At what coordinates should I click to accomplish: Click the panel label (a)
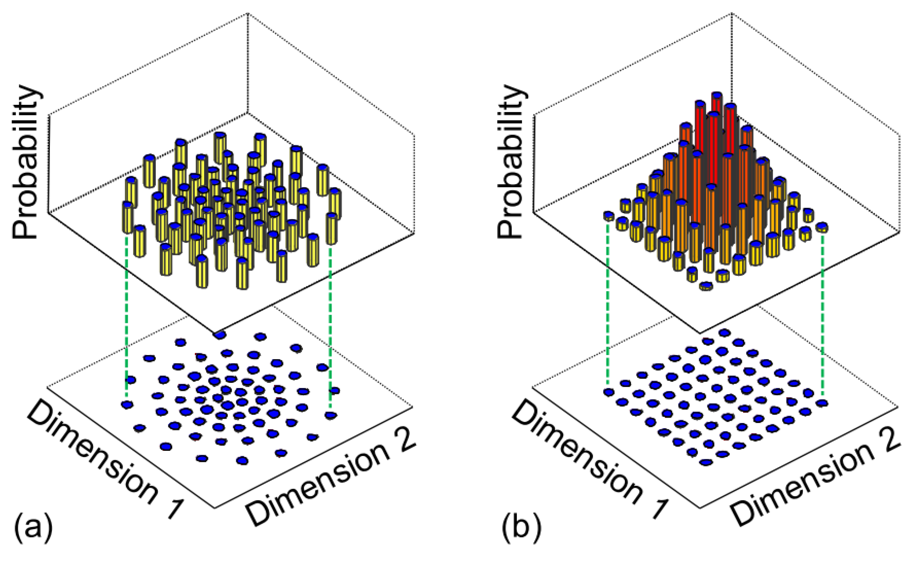tap(33, 528)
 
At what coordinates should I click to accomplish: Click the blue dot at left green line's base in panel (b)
tap(609, 393)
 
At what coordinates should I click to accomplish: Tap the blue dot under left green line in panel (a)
tap(127, 405)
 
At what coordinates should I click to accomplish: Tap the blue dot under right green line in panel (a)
tap(330, 415)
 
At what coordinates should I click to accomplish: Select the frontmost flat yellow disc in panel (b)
tap(706, 286)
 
